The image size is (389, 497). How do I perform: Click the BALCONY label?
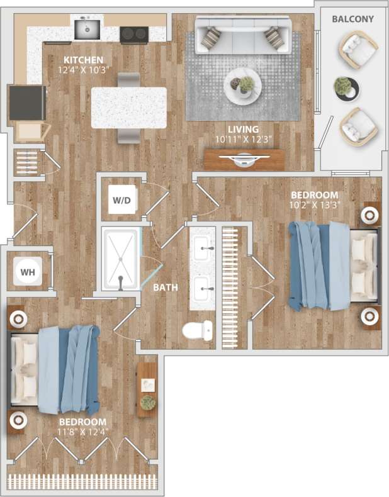352,19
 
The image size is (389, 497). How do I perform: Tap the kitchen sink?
87,28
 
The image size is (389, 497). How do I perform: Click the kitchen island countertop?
129,108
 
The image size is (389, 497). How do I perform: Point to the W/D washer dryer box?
121,201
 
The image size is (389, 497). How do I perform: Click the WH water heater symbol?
28,272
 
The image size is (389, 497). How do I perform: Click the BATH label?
166,288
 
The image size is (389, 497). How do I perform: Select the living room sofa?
242,35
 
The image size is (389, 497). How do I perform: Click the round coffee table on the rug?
243,86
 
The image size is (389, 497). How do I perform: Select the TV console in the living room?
244,159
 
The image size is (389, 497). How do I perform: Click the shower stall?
120,259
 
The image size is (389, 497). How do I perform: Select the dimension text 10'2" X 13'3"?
315,205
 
